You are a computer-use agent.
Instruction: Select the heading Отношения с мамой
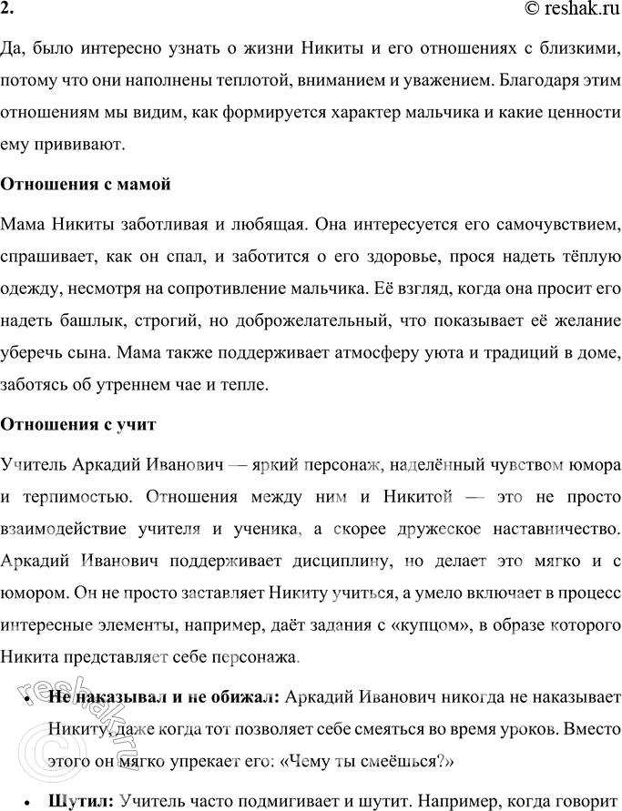87,184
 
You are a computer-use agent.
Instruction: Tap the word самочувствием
559,224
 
